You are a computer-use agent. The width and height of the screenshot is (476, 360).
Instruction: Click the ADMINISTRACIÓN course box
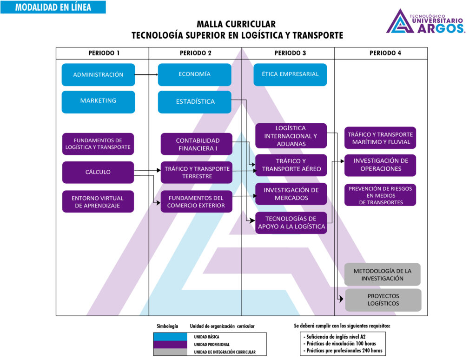[98, 74]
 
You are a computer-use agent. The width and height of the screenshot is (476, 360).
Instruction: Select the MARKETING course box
[98, 101]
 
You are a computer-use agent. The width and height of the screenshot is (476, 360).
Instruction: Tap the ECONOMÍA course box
[194, 74]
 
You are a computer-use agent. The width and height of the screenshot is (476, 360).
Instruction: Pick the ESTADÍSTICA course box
[194, 101]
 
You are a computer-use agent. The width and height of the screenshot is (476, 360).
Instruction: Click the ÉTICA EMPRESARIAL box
[290, 74]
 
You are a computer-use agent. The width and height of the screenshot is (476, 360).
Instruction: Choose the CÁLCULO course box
[98, 172]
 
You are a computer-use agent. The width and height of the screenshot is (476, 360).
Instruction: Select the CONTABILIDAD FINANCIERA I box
[196, 144]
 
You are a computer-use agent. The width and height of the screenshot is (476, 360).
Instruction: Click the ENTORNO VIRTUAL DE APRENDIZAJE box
[98, 201]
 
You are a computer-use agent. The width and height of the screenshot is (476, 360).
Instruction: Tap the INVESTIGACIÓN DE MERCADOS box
[291, 194]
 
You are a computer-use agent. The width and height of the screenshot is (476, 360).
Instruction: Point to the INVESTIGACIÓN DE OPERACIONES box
[380, 165]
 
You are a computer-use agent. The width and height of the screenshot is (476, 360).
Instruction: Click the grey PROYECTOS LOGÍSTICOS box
[383, 300]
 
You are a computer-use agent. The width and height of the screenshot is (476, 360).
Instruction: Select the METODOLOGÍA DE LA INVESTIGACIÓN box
[382, 274]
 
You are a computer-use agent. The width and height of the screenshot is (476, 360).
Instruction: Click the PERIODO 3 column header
[290, 53]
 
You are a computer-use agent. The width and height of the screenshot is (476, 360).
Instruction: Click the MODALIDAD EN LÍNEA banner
[53, 7]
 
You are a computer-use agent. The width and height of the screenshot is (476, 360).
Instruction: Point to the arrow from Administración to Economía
[146, 74]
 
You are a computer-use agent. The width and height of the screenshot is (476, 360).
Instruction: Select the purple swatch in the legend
[170, 344]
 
